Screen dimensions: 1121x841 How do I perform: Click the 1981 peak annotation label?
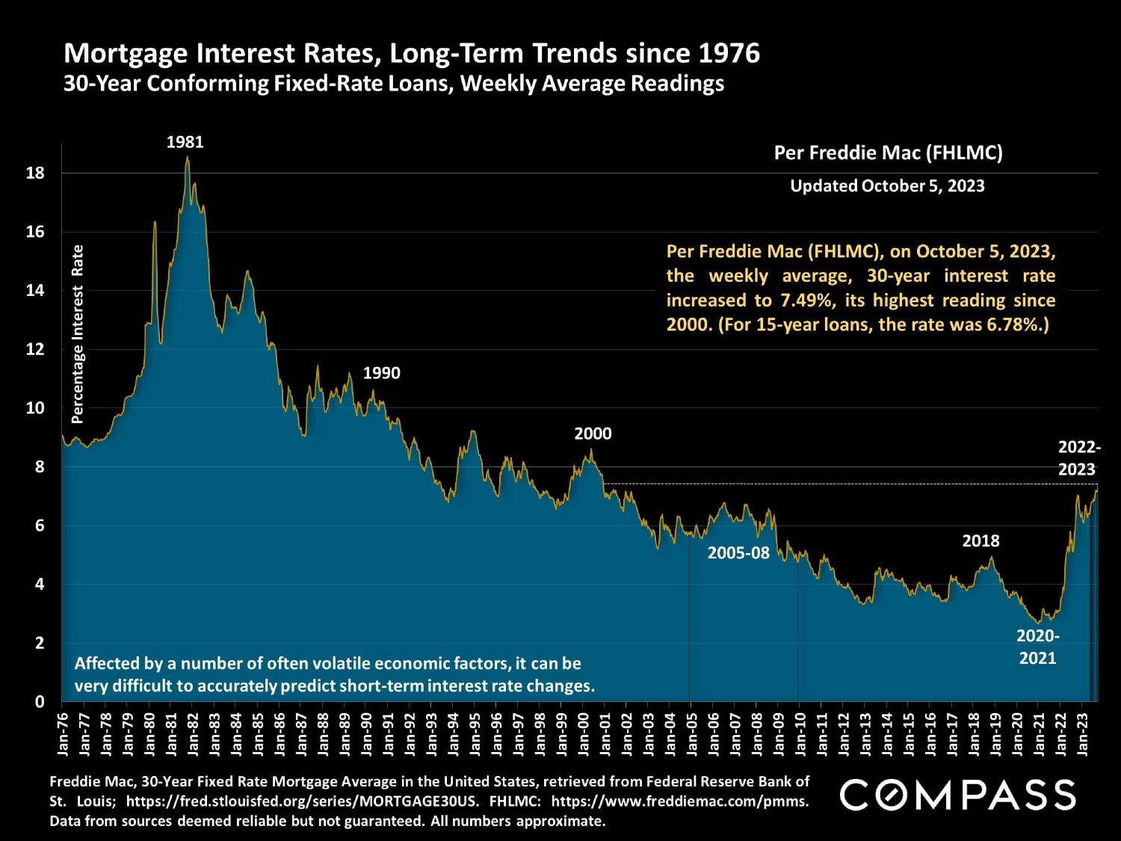[185, 142]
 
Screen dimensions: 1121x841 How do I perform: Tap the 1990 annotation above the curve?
[381, 373]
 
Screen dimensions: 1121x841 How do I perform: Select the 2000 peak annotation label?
[593, 434]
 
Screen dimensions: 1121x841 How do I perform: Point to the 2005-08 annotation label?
[738, 552]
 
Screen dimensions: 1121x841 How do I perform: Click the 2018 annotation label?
[981, 540]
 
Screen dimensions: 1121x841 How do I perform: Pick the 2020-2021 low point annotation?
[1038, 647]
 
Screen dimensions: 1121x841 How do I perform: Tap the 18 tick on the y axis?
[35, 173]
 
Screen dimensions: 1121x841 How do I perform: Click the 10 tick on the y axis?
[35, 408]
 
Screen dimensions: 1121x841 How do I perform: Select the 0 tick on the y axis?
[40, 702]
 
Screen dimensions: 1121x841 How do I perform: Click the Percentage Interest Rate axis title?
[77, 334]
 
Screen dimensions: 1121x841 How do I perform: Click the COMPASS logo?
[957, 795]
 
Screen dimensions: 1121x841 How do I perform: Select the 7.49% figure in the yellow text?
[806, 301]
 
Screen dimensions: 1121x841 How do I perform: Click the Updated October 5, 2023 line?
[887, 186]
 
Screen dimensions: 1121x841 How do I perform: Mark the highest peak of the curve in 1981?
[188, 157]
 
